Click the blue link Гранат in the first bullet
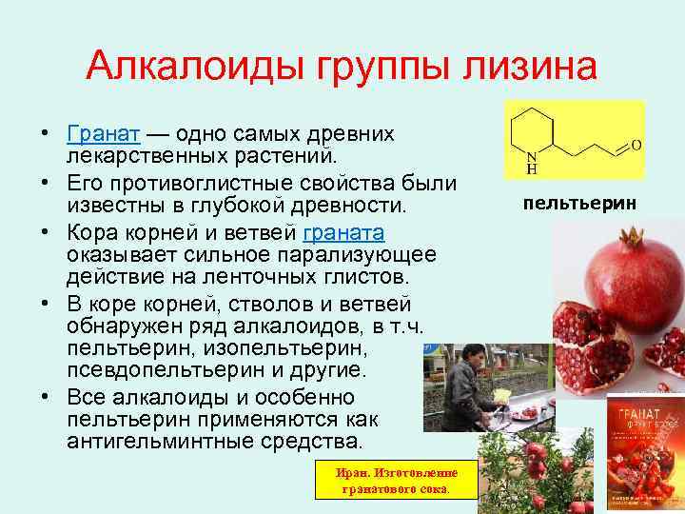click(104, 132)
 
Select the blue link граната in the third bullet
click(343, 233)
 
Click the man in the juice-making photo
click(463, 390)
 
